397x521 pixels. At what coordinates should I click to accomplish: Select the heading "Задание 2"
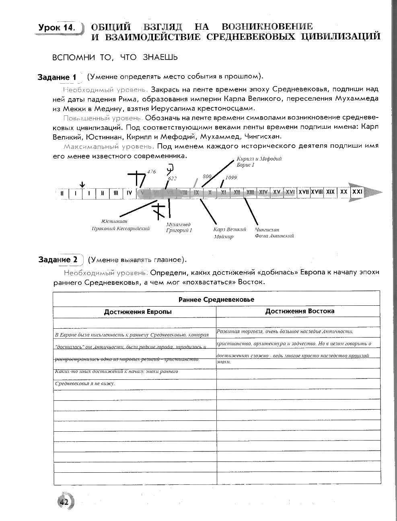coord(58,260)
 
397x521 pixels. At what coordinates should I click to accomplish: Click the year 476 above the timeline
coord(151,172)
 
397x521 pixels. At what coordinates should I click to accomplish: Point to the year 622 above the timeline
coord(172,178)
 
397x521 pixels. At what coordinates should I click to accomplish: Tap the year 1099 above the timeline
coord(231,177)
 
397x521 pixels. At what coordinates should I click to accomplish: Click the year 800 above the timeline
coord(207,176)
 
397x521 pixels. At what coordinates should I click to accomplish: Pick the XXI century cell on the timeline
coord(357,192)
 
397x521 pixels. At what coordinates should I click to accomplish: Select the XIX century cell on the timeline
coord(330,192)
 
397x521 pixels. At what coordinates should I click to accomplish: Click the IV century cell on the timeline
coord(129,193)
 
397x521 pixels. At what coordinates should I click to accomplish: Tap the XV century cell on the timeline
coord(276,192)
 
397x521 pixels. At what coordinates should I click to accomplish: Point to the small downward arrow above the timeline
coord(82,184)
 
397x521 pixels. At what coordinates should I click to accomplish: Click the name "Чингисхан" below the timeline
coord(267,229)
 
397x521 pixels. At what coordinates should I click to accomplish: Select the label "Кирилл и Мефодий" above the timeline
coord(259,159)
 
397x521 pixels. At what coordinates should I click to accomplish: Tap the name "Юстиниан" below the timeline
coord(115,221)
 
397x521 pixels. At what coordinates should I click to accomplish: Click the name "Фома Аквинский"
coord(274,236)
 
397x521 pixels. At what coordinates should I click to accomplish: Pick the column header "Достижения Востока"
coord(300,311)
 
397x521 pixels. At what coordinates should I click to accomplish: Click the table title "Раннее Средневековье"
coord(216,299)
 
